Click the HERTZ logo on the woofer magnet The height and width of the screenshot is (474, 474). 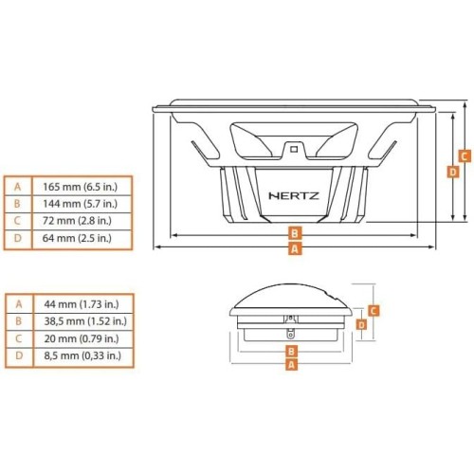pyautogui.click(x=294, y=196)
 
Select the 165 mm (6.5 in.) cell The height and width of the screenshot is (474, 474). pyautogui.click(x=80, y=187)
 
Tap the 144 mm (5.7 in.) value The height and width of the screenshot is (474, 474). pyautogui.click(x=80, y=204)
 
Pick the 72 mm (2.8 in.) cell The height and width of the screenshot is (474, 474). pyautogui.click(x=77, y=221)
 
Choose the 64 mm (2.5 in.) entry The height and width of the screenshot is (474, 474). pyautogui.click(x=77, y=238)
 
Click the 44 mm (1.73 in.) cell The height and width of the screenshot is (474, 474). pyautogui.click(x=82, y=304)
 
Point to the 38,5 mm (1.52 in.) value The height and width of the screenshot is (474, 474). pyautogui.click(x=85, y=321)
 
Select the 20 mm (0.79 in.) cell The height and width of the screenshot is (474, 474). pyautogui.click(x=82, y=338)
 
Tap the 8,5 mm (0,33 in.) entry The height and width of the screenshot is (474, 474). pyautogui.click(x=82, y=355)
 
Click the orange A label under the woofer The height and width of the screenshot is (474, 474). pyautogui.click(x=295, y=249)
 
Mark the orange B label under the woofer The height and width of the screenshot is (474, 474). pyautogui.click(x=295, y=233)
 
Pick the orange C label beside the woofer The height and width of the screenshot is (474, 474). pyautogui.click(x=465, y=156)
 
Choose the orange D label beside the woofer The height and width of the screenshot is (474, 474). pyautogui.click(x=453, y=172)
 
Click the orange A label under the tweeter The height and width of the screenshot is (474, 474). pyautogui.click(x=291, y=365)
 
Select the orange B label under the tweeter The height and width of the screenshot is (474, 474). pyautogui.click(x=291, y=351)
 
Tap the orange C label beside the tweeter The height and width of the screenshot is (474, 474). pyautogui.click(x=374, y=311)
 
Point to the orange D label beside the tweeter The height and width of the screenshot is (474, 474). pyautogui.click(x=361, y=324)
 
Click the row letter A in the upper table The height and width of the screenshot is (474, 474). pyautogui.click(x=18, y=187)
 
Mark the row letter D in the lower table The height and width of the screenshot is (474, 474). pyautogui.click(x=19, y=355)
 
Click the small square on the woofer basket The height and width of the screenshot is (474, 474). pyautogui.click(x=294, y=149)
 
